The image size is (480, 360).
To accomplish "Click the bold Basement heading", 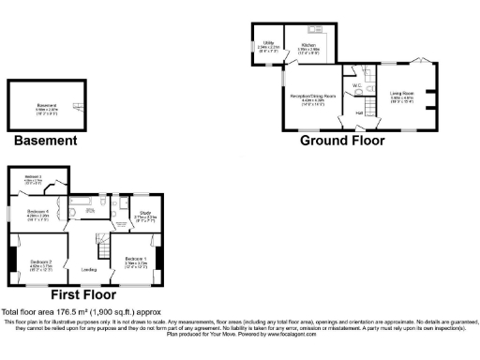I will coord(45,142).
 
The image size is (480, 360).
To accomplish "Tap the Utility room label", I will coord(268,44).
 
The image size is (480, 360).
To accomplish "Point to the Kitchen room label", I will coord(308,44).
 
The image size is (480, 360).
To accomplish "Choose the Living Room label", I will coord(401,95).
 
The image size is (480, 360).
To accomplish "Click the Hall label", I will coord(358,112).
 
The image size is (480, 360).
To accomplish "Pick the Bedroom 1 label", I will coord(136,260).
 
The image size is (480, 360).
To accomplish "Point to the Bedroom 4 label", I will coord(37,213).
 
